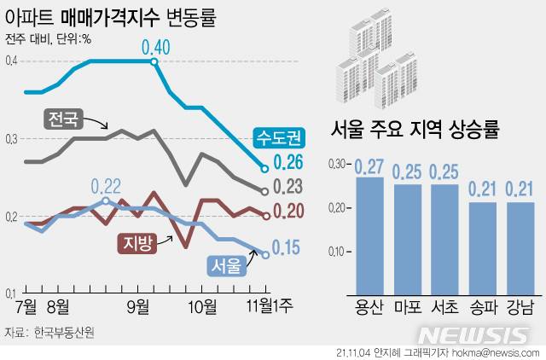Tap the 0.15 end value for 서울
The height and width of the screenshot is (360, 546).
(x=285, y=247)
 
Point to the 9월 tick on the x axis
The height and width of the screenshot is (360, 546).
(x=138, y=305)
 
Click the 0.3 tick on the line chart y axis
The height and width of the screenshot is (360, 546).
(x=10, y=138)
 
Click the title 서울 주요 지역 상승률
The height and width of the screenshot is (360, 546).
(x=415, y=131)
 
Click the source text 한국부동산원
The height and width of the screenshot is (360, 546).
(x=64, y=331)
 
